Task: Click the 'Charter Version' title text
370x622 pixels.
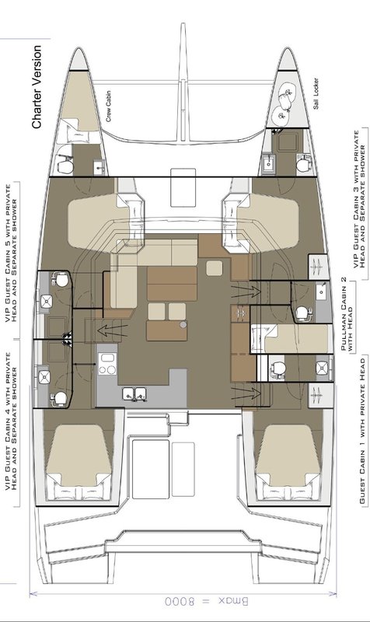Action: (36, 86)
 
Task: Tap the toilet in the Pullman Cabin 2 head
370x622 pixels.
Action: (303, 311)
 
